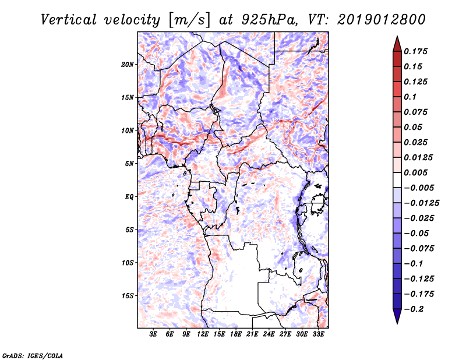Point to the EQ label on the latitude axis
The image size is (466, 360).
click(129, 197)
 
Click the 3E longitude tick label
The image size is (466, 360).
click(154, 335)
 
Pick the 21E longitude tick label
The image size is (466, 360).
click(253, 335)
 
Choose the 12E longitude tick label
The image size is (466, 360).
click(203, 335)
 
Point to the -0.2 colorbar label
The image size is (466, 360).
click(415, 309)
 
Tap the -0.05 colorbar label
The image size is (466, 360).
click(418, 233)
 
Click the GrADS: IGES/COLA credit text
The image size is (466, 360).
click(25, 354)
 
